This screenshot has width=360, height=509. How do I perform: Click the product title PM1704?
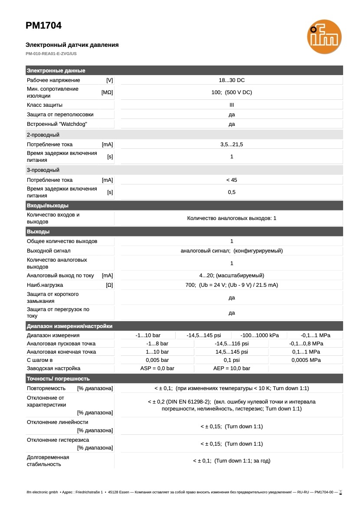(x=43, y=26)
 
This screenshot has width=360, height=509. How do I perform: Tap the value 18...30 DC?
(x=232, y=80)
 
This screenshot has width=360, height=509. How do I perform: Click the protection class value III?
(x=232, y=105)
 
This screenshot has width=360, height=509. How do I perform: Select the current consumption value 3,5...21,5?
(x=232, y=144)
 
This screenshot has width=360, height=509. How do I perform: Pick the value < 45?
(x=232, y=180)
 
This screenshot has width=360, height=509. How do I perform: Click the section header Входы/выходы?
(x=48, y=206)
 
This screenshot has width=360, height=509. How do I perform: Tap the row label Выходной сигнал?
(x=49, y=251)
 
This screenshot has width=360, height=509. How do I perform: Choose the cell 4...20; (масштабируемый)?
(x=232, y=276)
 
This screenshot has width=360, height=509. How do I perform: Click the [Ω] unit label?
(x=109, y=285)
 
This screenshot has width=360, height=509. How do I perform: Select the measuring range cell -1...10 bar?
(x=148, y=335)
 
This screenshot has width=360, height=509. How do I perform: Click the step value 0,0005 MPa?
(x=306, y=360)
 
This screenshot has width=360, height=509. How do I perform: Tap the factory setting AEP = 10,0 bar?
(x=232, y=368)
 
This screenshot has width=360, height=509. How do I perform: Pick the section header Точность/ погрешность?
(x=58, y=379)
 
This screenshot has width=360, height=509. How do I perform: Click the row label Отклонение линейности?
(x=57, y=422)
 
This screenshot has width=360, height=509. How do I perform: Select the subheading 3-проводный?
(x=43, y=170)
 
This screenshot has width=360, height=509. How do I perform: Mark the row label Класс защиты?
(x=45, y=105)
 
